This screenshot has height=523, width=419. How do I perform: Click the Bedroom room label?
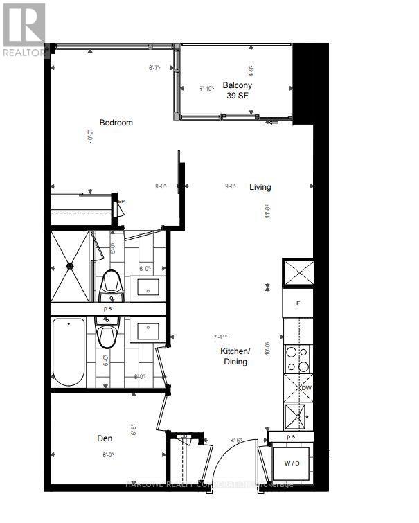pos(116,123)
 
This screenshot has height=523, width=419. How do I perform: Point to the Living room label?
pos(260,187)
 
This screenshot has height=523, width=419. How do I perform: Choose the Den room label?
pos(105,438)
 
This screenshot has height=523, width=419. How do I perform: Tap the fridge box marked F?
pos(298,303)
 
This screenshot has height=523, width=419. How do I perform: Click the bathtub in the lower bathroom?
pos(68,353)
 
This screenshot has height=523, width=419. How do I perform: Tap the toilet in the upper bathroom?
pos(111,281)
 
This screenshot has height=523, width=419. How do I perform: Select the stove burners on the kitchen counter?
pos(298,359)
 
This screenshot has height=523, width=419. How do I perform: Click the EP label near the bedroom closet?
pos(121,202)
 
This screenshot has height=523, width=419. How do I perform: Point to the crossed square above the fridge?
pos(298,273)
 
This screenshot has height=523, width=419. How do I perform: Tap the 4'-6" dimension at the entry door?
pos(237,439)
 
